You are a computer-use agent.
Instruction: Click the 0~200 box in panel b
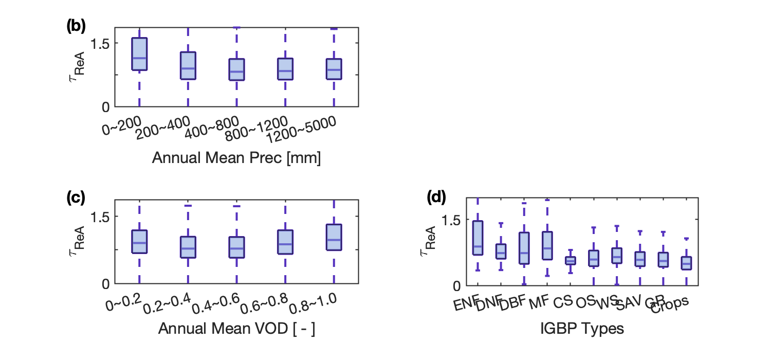pos(139,54)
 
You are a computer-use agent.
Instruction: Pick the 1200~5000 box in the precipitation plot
pos(334,69)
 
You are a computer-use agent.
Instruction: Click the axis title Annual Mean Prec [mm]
pos(236,158)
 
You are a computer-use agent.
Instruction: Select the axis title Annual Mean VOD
pos(236,329)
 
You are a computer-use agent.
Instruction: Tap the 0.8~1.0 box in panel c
pos(334,237)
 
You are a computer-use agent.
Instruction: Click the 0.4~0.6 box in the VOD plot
pos(236,247)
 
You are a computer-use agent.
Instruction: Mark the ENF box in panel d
pos(478,238)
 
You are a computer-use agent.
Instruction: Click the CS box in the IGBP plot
pos(571,261)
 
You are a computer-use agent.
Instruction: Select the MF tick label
pos(539,301)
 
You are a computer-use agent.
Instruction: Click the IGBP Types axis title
pos(582,329)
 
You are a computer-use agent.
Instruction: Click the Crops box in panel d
pos(686,263)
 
